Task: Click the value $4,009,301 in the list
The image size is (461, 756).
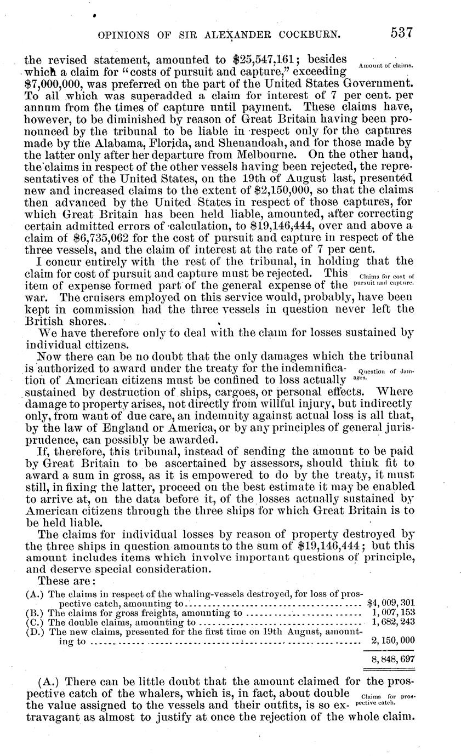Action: [x=390, y=604]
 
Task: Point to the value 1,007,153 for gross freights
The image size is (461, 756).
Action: [x=393, y=613]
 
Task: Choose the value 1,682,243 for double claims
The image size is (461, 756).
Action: [x=393, y=622]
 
